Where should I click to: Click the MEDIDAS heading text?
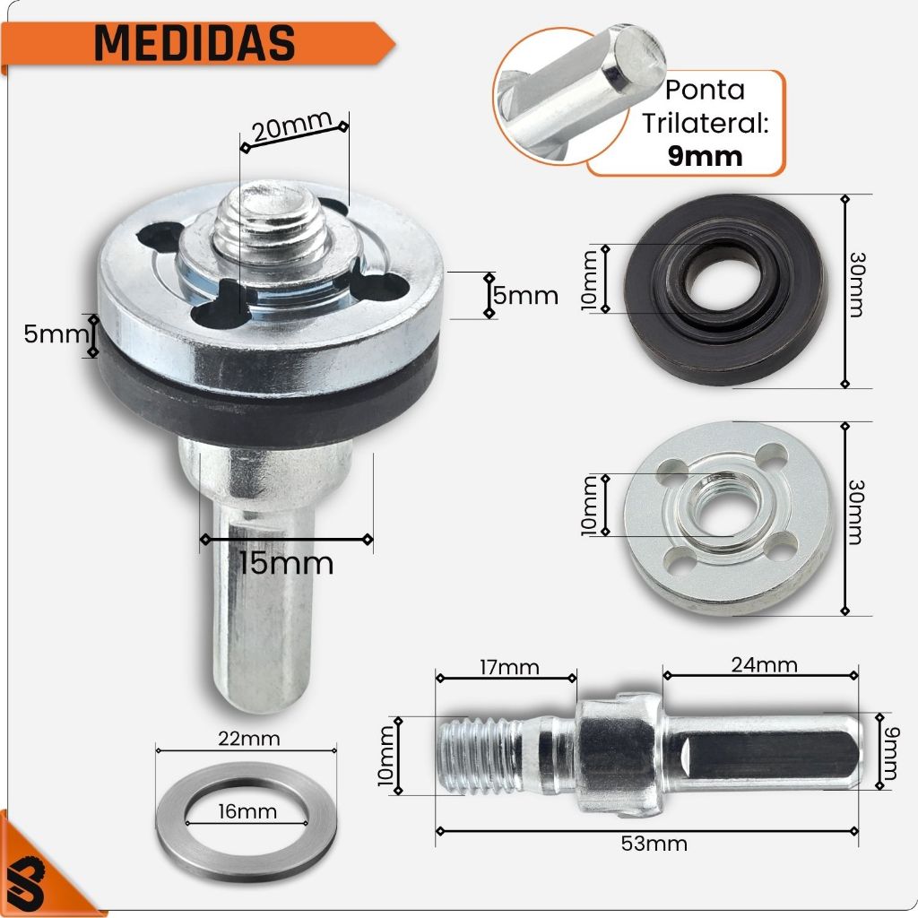click(x=195, y=43)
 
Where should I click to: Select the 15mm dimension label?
click(x=286, y=563)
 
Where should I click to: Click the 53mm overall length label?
click(x=654, y=844)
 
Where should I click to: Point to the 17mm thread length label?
click(x=509, y=667)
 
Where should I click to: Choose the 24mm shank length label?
click(x=764, y=664)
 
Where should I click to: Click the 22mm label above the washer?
click(x=249, y=739)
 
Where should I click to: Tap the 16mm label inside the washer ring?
click(x=247, y=811)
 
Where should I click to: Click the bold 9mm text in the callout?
click(x=705, y=156)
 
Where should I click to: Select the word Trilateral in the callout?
click(x=705, y=123)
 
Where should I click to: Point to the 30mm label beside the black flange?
click(x=856, y=285)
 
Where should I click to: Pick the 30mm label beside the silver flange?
click(x=856, y=512)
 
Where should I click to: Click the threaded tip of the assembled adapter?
click(x=269, y=223)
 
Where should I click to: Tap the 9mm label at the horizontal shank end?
click(x=889, y=753)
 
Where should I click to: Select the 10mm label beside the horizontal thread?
click(x=386, y=756)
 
